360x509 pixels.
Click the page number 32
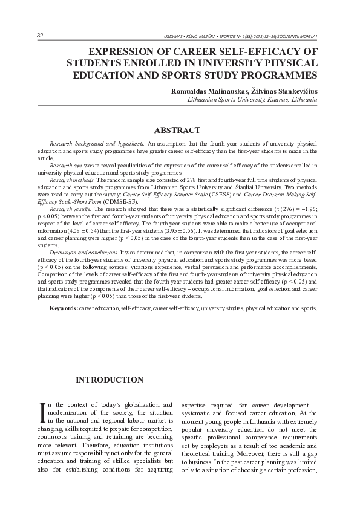40,36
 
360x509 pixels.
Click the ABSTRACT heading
177,130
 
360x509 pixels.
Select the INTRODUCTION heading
109,380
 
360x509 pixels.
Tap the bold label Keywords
63,309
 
